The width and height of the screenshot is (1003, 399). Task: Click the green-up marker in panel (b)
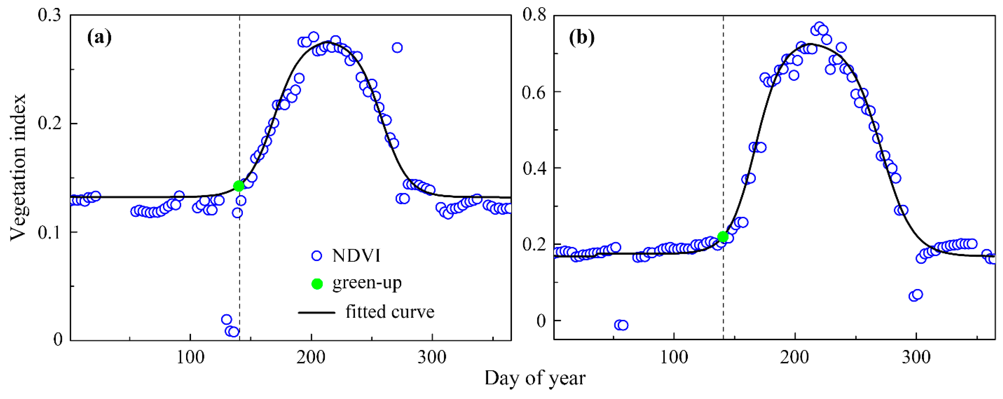point(723,237)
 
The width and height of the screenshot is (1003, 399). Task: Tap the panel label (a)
point(99,38)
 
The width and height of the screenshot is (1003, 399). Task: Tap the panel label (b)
point(582,38)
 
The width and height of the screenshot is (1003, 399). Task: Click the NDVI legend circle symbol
point(317,256)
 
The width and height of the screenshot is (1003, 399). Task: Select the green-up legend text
point(367,283)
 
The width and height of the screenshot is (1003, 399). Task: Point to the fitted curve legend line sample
point(317,312)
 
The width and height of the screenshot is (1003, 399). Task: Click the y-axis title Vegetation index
point(17,168)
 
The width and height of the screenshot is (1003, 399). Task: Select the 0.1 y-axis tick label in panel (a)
point(50,232)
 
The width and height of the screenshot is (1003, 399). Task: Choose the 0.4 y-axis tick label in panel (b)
point(534,168)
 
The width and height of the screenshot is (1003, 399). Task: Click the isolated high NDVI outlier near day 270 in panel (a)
point(397,48)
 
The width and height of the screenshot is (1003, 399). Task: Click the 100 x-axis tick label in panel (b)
point(674,357)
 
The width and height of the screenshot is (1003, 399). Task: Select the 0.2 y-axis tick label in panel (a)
point(50,124)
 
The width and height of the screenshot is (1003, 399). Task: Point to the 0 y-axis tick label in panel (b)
point(541,321)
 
